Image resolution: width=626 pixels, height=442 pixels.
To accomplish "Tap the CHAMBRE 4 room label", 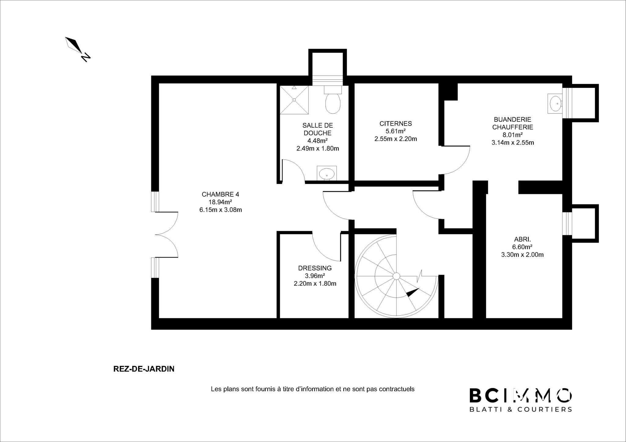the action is [220, 194].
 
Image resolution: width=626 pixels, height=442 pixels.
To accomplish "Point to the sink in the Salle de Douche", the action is [327, 174].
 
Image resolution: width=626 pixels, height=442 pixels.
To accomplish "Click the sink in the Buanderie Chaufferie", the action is [555, 103].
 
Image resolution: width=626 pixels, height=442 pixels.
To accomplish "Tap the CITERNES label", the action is [396, 124].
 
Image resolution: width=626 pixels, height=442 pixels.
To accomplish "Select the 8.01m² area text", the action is [513, 135].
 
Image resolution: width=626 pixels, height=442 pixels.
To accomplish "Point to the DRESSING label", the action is [315, 268].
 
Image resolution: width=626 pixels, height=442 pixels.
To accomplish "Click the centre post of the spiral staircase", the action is [396, 276].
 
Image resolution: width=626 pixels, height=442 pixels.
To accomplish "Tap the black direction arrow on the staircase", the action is [413, 292].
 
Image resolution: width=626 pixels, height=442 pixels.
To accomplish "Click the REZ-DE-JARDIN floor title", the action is [144, 369].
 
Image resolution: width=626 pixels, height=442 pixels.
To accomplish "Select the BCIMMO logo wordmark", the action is [520, 395].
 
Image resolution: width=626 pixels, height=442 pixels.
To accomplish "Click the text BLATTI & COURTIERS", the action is [520, 409].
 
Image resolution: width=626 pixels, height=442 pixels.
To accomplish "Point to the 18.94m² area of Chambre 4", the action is [220, 202].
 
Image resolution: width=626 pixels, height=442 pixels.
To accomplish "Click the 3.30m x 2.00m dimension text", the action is [522, 255].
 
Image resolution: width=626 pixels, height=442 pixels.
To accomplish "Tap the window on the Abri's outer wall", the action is [567, 223].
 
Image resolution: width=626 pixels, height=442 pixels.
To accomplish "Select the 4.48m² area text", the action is [318, 141].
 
